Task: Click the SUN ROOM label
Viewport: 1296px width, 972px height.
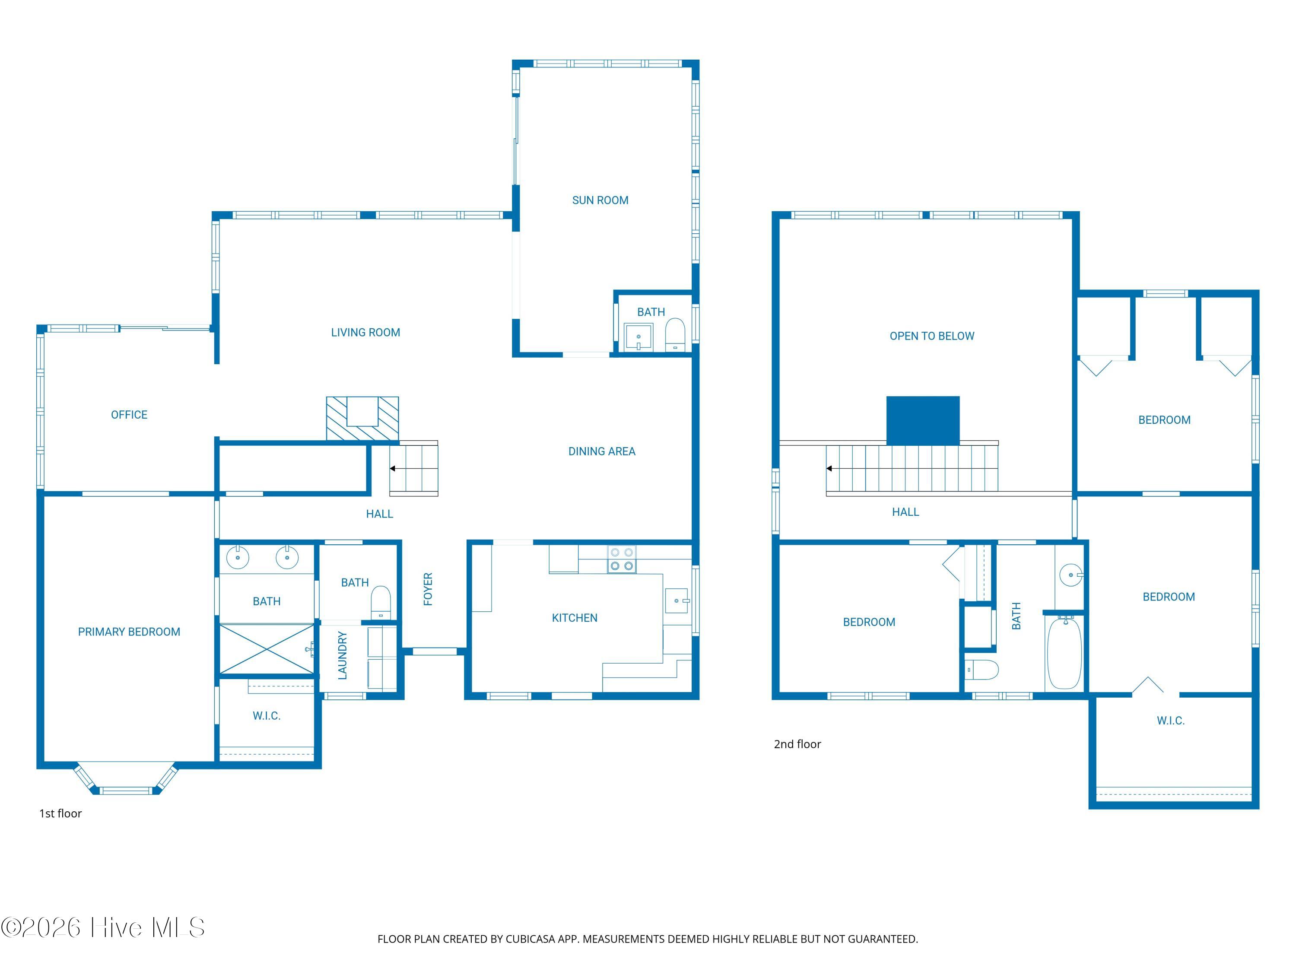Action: click(x=600, y=200)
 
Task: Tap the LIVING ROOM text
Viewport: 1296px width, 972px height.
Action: click(x=365, y=333)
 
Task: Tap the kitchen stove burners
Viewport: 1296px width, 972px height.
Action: click(x=621, y=559)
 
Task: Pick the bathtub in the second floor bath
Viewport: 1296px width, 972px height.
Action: click(x=1064, y=653)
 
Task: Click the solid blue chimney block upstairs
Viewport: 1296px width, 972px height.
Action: click(x=923, y=420)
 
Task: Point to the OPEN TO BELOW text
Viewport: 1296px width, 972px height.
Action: click(x=931, y=336)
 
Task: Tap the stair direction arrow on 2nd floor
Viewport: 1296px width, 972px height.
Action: click(x=829, y=469)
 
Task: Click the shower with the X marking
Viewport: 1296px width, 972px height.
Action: click(x=267, y=649)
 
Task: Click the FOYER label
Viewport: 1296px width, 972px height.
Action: click(x=428, y=589)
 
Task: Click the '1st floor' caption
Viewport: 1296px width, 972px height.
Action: click(x=60, y=813)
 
